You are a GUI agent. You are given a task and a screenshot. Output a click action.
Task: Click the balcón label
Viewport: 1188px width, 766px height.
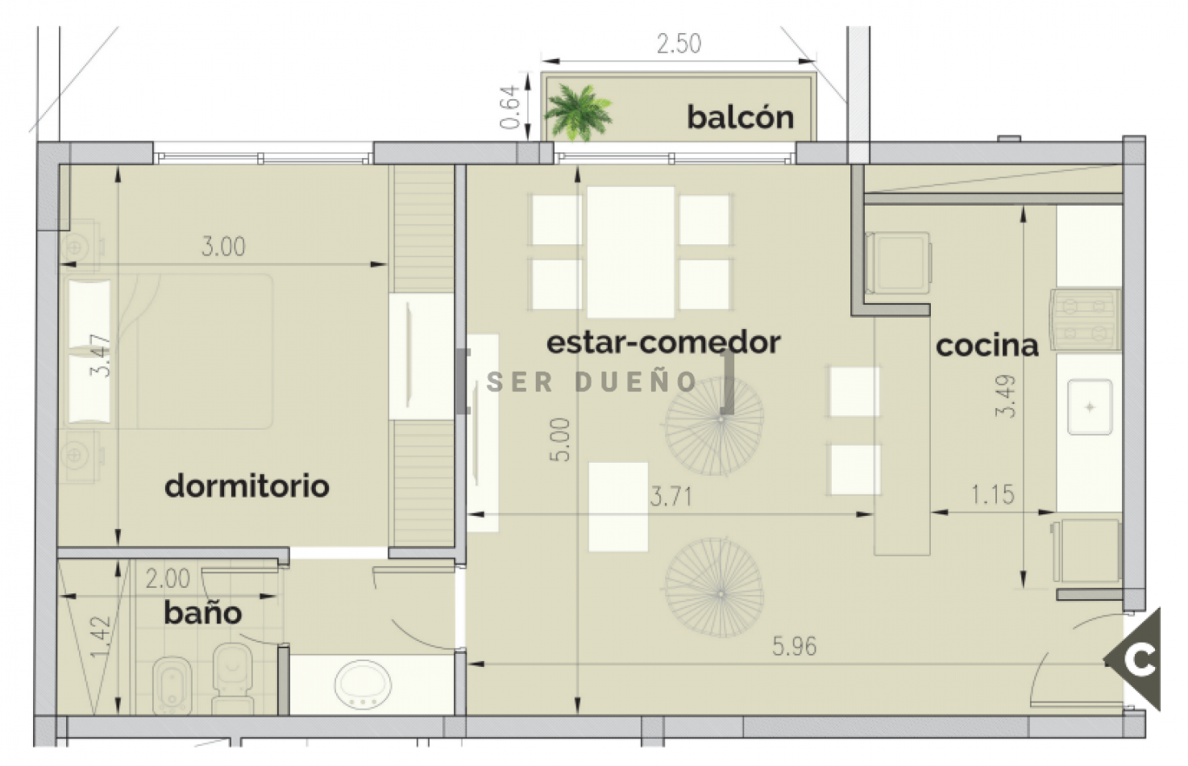(740, 118)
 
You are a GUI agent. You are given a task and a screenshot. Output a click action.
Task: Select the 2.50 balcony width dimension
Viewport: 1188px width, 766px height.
(678, 44)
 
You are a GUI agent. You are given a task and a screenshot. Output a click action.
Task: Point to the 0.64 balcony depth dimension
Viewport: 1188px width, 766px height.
(509, 107)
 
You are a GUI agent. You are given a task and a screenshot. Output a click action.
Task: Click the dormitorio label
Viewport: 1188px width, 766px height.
(247, 486)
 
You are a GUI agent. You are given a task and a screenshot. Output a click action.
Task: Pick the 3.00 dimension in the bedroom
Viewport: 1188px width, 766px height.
(223, 247)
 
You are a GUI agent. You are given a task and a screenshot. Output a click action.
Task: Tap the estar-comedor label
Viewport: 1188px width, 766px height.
(663, 343)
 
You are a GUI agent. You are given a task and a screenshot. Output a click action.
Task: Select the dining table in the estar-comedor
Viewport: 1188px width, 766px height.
(630, 252)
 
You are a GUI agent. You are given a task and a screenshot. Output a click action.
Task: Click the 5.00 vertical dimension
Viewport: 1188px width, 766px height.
(560, 439)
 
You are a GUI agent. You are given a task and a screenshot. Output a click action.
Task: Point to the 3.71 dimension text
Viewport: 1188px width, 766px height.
(671, 497)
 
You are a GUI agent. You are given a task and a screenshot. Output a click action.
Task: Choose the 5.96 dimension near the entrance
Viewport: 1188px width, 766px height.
(794, 647)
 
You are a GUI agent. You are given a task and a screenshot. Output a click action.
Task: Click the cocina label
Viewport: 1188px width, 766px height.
(987, 346)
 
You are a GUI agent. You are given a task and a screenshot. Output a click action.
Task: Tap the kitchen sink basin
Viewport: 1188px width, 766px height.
(1089, 407)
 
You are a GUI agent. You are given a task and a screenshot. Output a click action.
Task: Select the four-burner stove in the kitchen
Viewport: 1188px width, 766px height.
(1085, 319)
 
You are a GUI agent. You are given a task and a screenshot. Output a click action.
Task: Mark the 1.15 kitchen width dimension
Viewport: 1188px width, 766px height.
(992, 495)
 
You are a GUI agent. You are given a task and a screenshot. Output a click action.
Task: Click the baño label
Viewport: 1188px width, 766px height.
(202, 614)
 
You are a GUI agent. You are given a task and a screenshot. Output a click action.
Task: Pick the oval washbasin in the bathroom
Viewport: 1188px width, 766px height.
(363, 685)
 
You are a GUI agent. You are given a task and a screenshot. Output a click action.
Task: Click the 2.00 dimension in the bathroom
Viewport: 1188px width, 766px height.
(168, 579)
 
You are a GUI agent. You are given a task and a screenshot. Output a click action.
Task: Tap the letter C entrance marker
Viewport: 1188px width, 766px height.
(1140, 660)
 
